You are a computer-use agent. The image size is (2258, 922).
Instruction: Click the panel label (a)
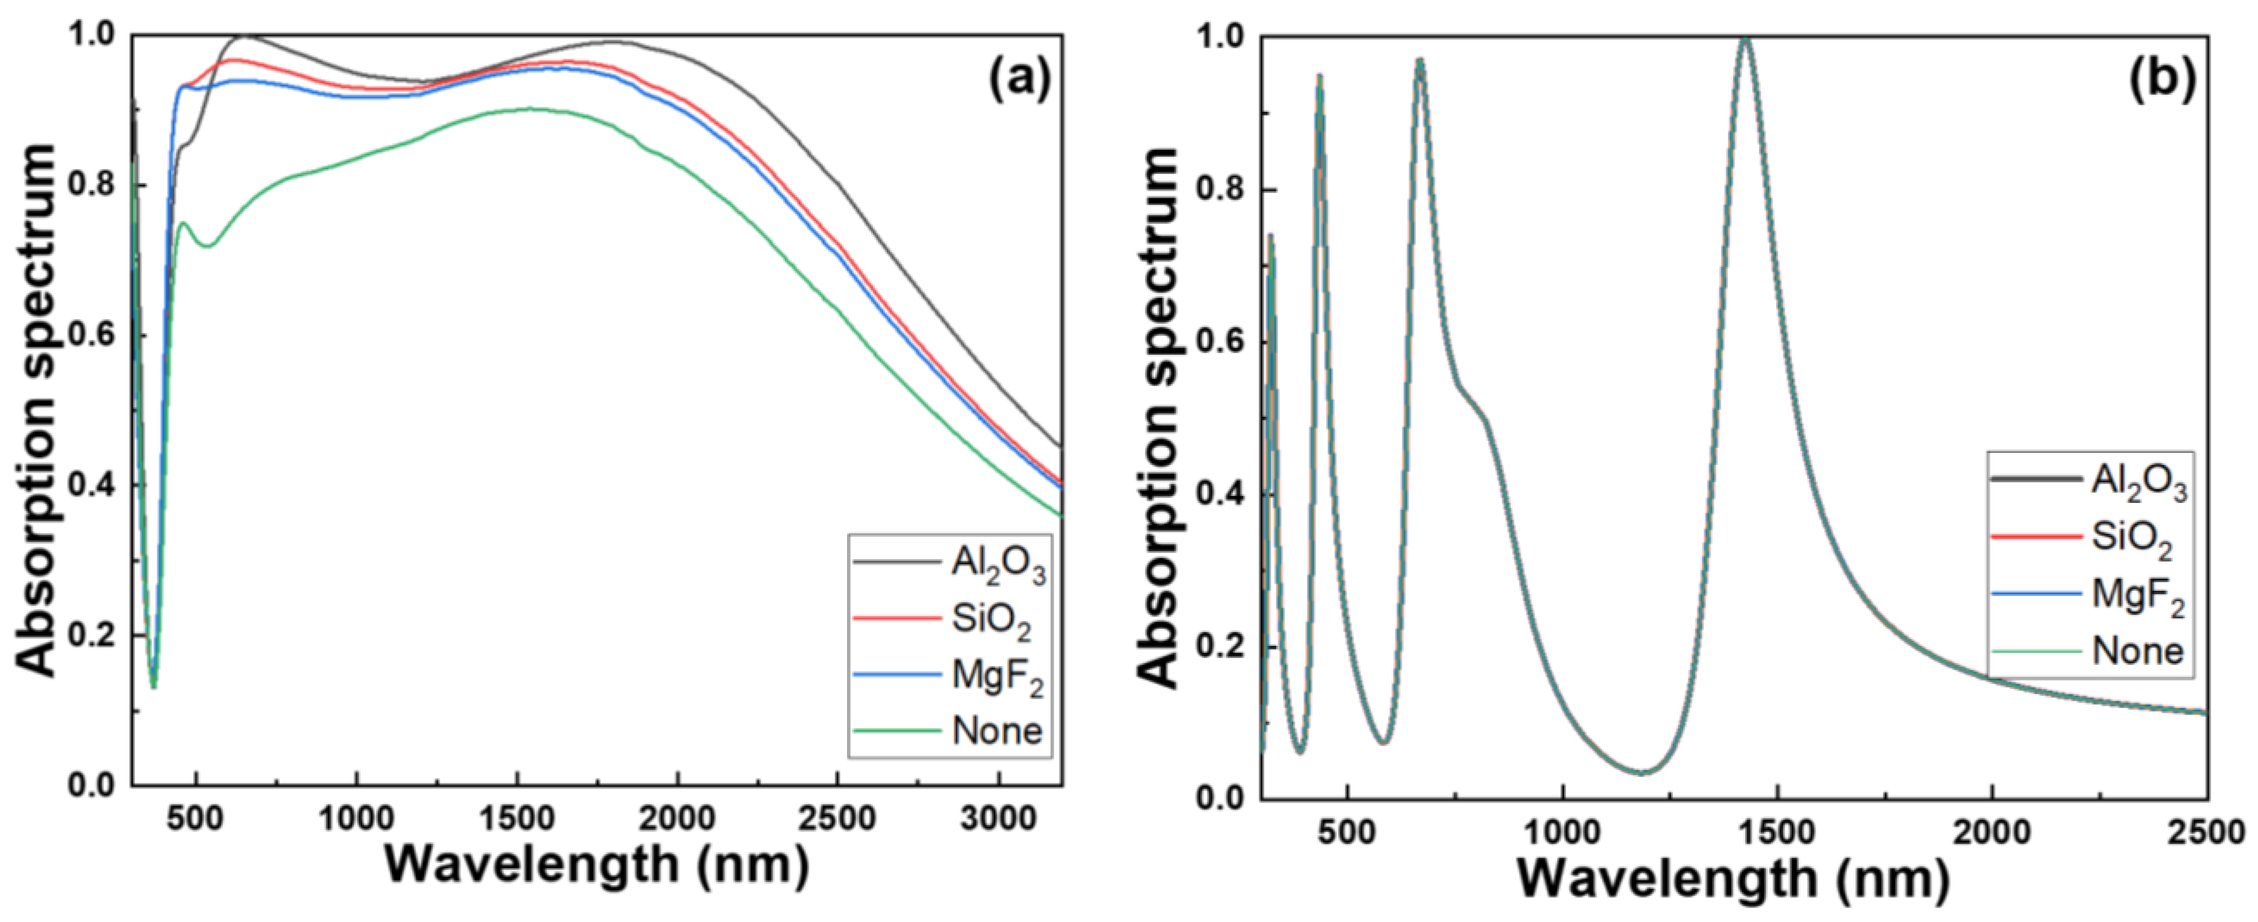coord(1019,83)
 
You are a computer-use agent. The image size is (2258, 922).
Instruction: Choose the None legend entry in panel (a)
coord(997,730)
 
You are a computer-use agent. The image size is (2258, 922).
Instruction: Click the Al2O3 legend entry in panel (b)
coord(2139,483)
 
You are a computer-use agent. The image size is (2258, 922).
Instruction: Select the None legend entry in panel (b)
coord(2137,651)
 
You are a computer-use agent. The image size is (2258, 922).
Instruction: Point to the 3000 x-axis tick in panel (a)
coord(997,820)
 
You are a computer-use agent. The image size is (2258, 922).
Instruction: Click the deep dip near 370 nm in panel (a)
coord(153,686)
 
